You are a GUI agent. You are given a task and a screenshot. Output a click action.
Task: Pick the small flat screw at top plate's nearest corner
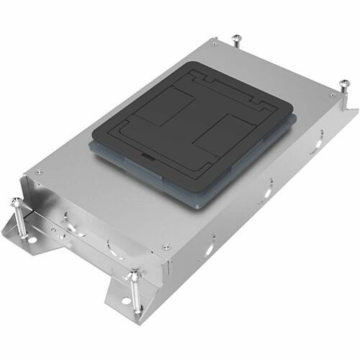coord(165,246)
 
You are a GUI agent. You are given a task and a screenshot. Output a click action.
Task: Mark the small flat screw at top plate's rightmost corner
coord(332,94)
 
